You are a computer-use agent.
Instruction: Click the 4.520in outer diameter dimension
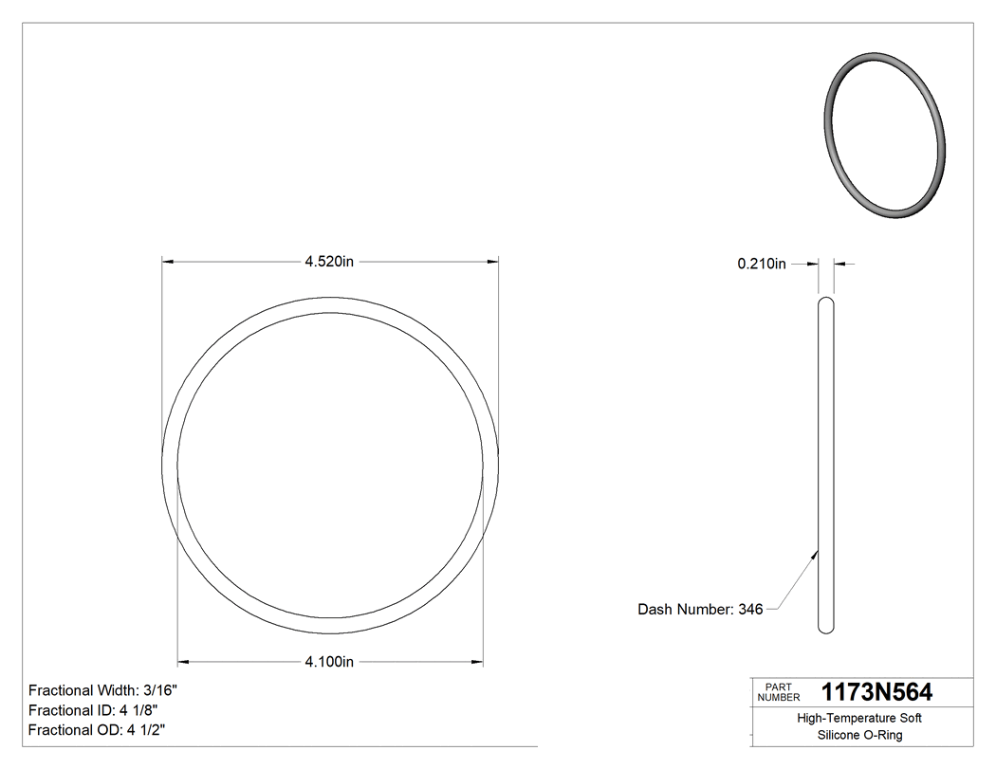329,262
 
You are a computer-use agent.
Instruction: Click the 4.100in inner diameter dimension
329,662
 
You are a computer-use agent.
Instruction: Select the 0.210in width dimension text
762,265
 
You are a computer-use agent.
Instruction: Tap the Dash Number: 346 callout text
700,610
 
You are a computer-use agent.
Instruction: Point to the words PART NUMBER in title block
779,691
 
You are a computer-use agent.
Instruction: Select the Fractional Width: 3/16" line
102,690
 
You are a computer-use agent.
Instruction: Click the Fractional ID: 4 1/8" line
93,710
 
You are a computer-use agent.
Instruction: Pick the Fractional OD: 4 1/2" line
98,730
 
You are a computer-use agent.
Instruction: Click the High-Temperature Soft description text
859,718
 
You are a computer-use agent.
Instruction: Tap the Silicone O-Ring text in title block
859,735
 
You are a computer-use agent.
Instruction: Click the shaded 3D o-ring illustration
884,138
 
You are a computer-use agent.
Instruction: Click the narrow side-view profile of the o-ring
826,465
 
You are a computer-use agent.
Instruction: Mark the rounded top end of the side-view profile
826,302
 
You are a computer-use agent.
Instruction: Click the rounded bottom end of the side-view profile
826,628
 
